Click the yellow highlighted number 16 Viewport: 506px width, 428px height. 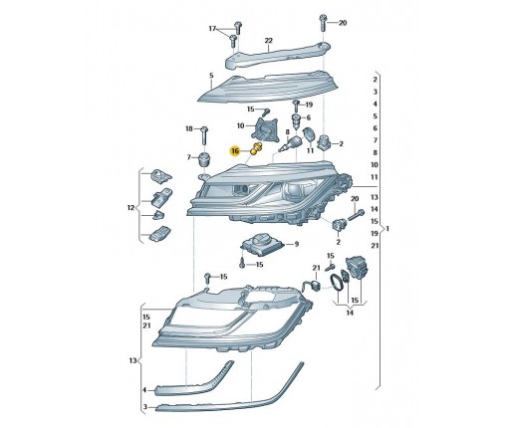(x=235, y=151)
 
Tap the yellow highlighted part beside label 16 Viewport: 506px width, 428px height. (x=257, y=148)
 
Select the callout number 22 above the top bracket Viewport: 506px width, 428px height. (x=268, y=41)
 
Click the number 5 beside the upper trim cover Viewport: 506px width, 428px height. (x=211, y=76)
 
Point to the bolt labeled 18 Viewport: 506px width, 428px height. (x=204, y=135)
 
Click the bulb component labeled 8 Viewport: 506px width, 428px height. (x=290, y=143)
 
